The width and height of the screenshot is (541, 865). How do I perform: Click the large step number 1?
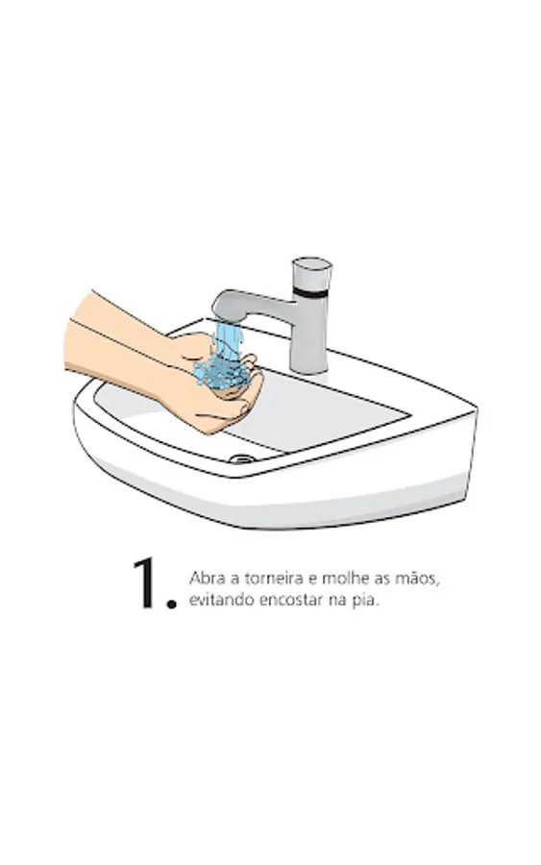(146, 582)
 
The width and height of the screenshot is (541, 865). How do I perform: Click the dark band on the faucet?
(311, 292)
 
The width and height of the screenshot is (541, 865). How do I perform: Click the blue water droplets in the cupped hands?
(218, 372)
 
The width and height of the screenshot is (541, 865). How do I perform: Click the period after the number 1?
(171, 604)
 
